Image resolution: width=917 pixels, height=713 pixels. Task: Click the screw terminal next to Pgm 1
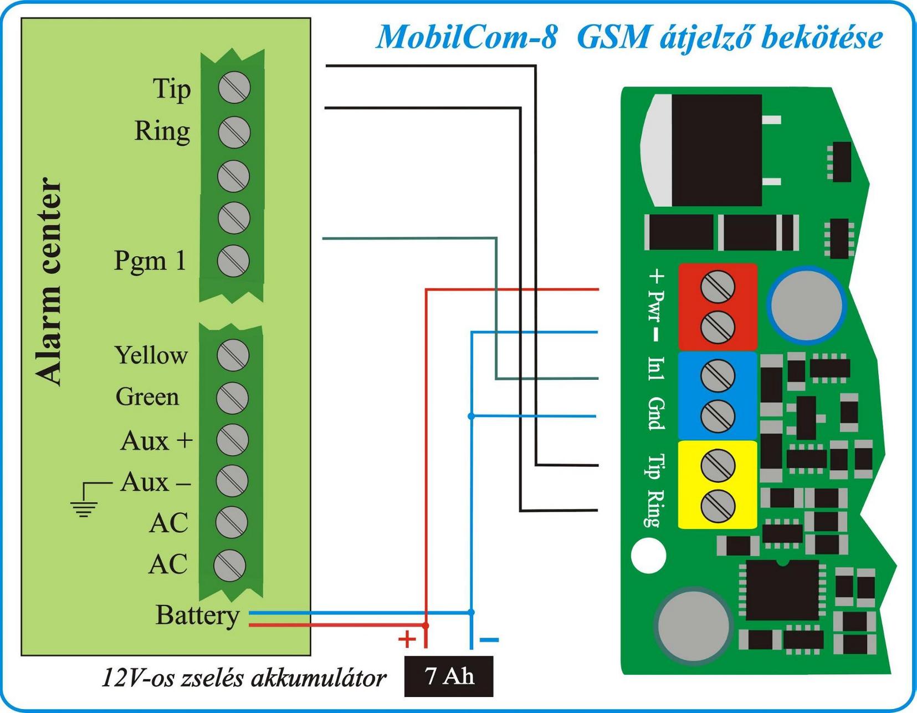click(233, 261)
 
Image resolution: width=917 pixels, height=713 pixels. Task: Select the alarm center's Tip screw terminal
click(234, 88)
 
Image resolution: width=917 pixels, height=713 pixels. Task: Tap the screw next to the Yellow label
click(233, 355)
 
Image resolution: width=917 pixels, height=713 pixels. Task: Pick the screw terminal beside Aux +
click(232, 440)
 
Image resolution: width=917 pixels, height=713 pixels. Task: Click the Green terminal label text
click(147, 397)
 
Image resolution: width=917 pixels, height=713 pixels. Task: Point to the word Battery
click(197, 615)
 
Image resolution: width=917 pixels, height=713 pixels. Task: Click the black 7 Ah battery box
click(448, 676)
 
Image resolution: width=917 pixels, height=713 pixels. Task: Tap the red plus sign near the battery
click(407, 639)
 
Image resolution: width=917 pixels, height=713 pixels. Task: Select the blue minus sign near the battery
click(489, 640)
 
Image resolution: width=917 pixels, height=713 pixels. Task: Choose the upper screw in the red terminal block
click(718, 287)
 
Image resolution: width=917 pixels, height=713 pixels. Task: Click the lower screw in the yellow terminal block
click(718, 506)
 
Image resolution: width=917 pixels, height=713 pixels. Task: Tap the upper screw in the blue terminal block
click(718, 376)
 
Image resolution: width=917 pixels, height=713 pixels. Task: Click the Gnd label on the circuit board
click(656, 414)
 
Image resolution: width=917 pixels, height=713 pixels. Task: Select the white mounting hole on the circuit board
click(648, 555)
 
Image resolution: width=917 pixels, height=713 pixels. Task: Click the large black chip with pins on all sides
click(782, 590)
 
